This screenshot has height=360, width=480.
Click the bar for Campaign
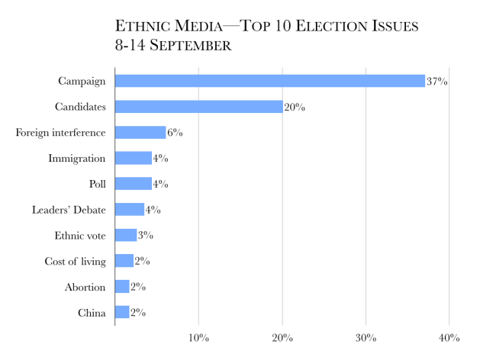coord(269,81)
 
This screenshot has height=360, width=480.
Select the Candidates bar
coord(198,107)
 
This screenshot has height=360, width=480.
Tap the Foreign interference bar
coord(140,133)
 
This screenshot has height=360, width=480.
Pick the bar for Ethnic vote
coord(125,235)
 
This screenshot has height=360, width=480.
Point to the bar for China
coord(122,312)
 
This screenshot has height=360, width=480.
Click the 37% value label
coord(437,82)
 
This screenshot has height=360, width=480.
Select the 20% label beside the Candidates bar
coord(295,108)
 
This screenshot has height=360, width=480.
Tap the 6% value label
coord(174,133)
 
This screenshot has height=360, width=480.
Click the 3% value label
coord(145,236)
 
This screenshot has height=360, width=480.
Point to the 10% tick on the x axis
coord(198,337)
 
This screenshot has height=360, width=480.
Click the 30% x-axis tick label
coord(366,337)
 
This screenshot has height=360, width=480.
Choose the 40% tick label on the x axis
coord(449,337)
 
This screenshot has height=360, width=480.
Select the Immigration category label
coord(77,159)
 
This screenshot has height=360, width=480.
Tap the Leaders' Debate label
coord(69,210)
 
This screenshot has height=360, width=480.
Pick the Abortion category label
coord(85,287)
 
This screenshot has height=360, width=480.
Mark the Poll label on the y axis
coord(96,184)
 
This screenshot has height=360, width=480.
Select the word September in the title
coord(191,46)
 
